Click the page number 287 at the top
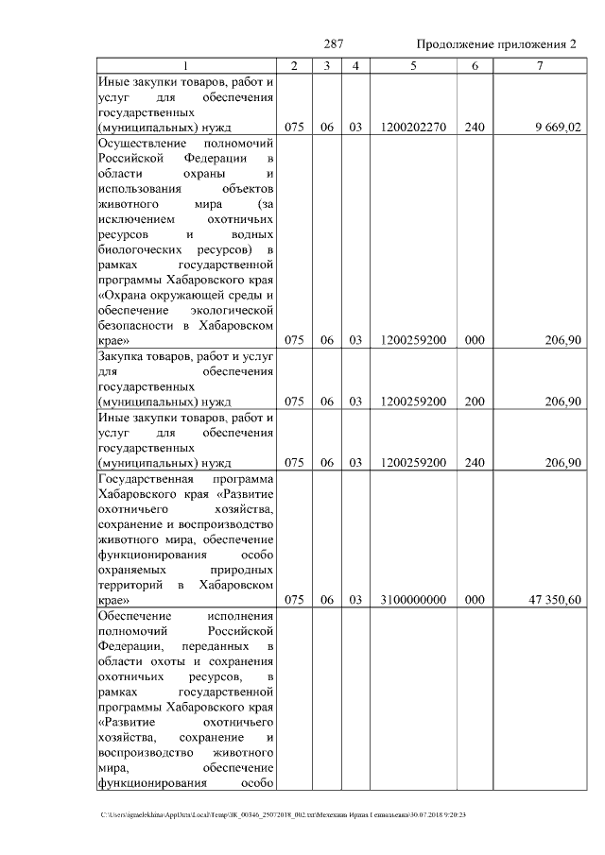coord(333,45)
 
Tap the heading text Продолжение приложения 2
coord(496,45)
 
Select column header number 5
coord(413,66)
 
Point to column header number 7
coord(539,66)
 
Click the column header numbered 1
coord(185,66)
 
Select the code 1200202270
coord(413,127)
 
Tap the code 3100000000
coord(413,599)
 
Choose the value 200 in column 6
coord(475,402)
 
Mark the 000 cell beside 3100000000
coord(475,599)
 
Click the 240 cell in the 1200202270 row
coord(475,127)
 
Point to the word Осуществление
coord(140,142)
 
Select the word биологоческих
coord(138,249)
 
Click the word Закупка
coord(123,355)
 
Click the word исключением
coord(133,218)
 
